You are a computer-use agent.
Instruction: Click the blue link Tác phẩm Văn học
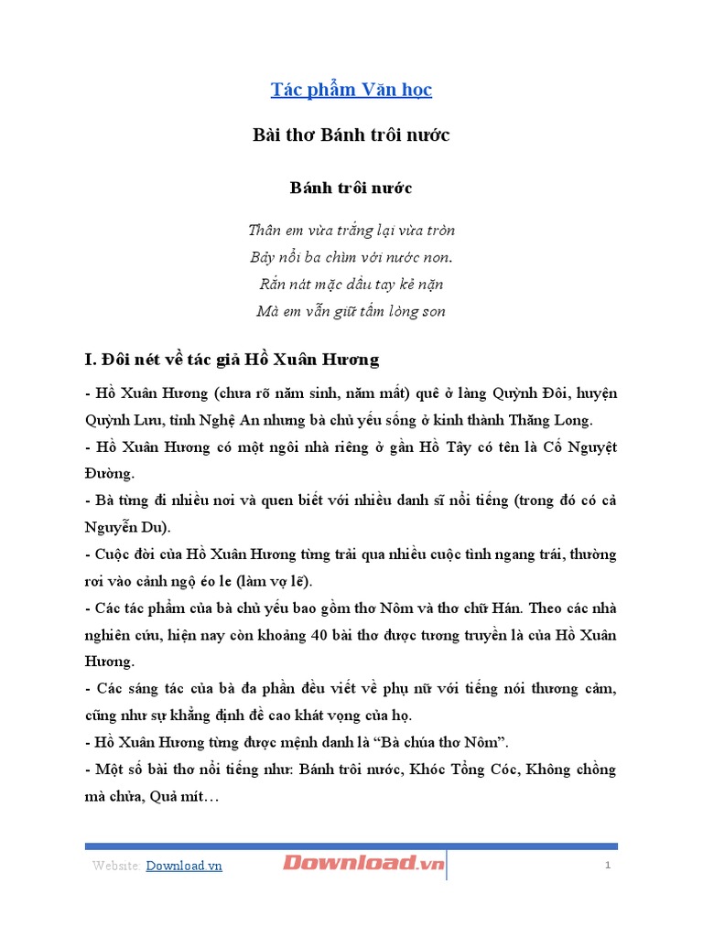click(x=351, y=90)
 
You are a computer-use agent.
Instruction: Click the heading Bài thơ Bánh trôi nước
click(x=351, y=135)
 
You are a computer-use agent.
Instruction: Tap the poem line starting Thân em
click(x=351, y=230)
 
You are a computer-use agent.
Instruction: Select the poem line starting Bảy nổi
click(x=351, y=257)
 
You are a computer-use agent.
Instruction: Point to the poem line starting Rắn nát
click(x=351, y=285)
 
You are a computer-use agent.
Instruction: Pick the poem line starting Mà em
click(x=351, y=311)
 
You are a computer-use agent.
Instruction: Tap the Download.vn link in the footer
click(x=184, y=866)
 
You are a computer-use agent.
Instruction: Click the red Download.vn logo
click(x=363, y=863)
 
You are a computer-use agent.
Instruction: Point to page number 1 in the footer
click(x=607, y=866)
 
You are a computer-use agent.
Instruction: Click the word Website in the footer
click(x=115, y=866)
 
